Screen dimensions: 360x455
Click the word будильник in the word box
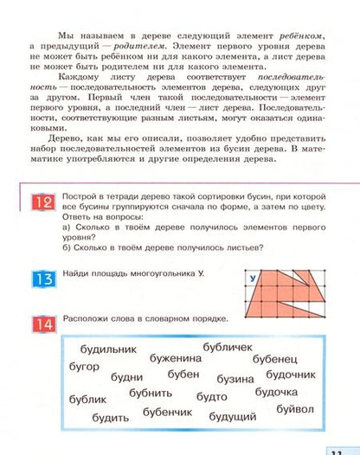click(x=109, y=349)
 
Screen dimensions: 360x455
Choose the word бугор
click(x=84, y=366)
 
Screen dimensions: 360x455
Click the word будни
click(x=128, y=377)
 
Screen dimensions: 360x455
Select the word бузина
click(x=235, y=378)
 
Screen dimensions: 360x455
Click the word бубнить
click(x=151, y=394)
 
